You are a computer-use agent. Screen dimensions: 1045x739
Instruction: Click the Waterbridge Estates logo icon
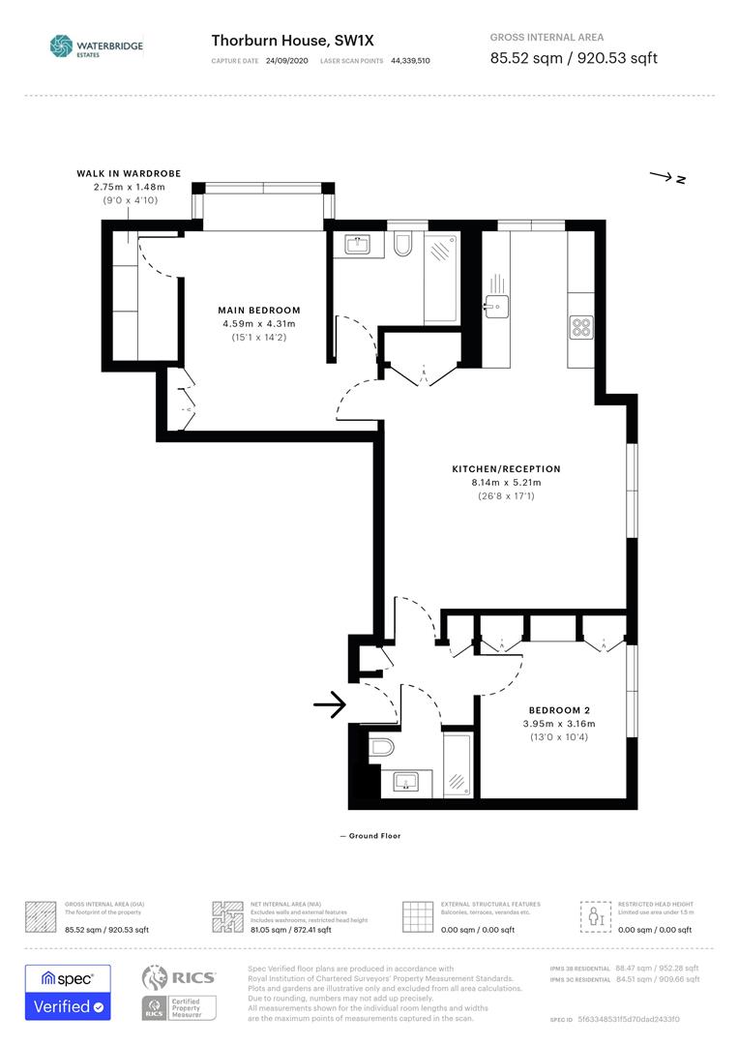61,45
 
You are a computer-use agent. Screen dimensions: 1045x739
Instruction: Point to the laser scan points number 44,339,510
410,60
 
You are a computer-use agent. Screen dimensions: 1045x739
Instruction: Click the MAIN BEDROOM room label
258,311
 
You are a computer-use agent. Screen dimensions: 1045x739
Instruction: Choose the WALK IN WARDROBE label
129,174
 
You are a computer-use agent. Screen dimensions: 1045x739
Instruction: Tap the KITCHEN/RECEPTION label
506,469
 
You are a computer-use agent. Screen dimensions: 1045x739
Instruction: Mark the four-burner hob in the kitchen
581,327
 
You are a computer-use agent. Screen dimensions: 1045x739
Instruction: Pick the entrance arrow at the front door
330,705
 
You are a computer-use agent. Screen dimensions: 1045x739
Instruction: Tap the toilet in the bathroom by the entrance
381,747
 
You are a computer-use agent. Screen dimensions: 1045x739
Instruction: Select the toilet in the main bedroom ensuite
404,244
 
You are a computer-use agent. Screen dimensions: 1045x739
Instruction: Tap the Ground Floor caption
370,836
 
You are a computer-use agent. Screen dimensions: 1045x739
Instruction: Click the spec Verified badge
68,993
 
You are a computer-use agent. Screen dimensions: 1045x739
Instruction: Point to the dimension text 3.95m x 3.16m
560,724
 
